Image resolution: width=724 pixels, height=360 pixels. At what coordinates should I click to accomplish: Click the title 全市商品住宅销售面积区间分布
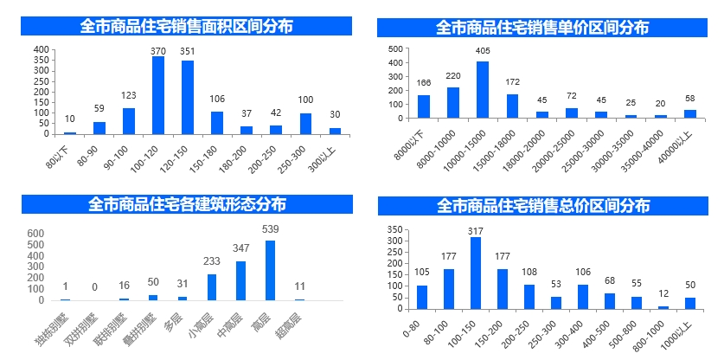pyautogui.click(x=186, y=26)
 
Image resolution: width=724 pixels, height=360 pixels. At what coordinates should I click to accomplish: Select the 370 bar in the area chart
pyautogui.click(x=158, y=95)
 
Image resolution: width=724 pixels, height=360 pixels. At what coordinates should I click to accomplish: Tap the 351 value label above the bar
pyautogui.click(x=187, y=50)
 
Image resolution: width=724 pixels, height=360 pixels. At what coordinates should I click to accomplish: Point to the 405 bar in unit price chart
pyautogui.click(x=483, y=89)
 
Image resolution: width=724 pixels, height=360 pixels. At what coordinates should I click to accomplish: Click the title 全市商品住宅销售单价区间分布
pyautogui.click(x=542, y=28)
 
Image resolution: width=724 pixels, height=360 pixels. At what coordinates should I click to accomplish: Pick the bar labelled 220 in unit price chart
pyautogui.click(x=453, y=102)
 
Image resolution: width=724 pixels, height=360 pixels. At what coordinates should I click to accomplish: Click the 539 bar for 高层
pyautogui.click(x=270, y=270)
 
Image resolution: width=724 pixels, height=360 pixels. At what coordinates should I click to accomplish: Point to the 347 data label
pyautogui.click(x=240, y=248)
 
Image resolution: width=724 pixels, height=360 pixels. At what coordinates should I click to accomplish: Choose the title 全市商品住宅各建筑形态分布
pyautogui.click(x=187, y=204)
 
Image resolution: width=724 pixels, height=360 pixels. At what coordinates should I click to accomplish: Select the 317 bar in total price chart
pyautogui.click(x=475, y=273)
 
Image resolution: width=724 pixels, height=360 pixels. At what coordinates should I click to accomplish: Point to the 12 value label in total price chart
pyautogui.click(x=663, y=294)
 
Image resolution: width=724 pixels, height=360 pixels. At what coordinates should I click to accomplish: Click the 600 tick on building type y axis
pyautogui.click(x=35, y=234)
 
